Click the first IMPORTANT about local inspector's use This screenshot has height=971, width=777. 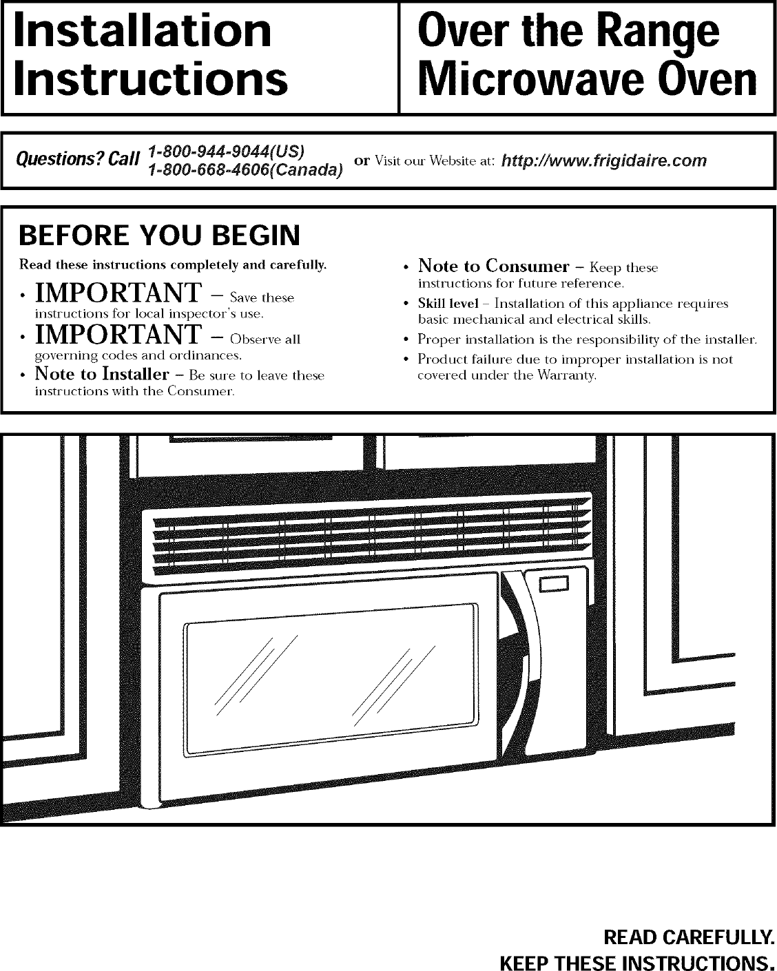[117, 294]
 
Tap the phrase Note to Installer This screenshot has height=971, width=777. [101, 374]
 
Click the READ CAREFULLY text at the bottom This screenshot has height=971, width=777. [689, 937]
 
